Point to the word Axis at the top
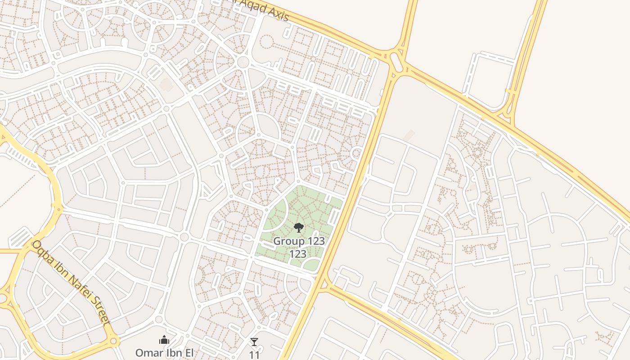pos(275,13)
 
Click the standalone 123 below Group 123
pos(297,254)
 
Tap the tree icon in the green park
pos(298,228)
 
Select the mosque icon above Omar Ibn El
pos(164,340)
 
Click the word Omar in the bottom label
pos(148,352)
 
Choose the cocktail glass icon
pos(254,342)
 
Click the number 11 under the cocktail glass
pos(254,355)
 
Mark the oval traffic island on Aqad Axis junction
pos(396,62)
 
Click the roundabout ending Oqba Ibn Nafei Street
pos(113,341)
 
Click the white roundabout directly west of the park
pos(184,237)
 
